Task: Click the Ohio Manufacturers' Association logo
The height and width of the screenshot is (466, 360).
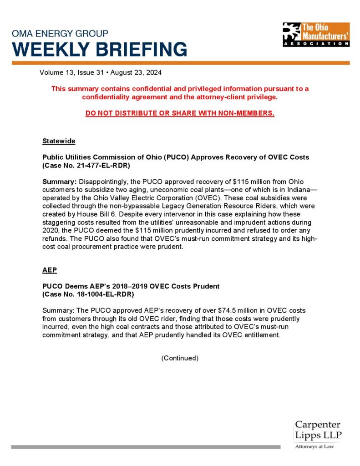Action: pos(316,35)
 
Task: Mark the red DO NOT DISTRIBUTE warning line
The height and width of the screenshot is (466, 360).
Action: pos(180,113)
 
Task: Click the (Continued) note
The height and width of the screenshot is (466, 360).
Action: pos(180,358)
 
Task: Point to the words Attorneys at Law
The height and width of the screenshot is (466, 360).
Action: pos(314,447)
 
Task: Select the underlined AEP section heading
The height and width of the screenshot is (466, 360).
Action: pos(50,270)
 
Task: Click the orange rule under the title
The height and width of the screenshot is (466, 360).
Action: pos(180,63)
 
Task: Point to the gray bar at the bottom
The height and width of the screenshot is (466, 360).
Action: pos(146,447)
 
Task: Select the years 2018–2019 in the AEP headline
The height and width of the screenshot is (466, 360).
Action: pos(118,286)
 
